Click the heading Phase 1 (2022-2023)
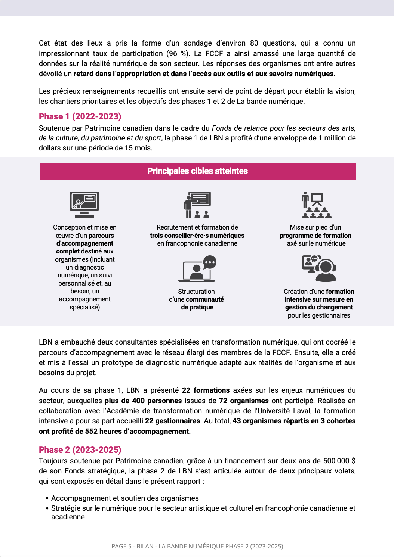[80, 116]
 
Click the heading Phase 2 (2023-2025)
[80, 450]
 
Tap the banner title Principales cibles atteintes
[197, 171]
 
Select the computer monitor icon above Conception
[84, 205]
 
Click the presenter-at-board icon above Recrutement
[197, 205]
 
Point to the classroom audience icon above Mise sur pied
[317, 205]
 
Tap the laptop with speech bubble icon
[197, 269]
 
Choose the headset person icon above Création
[319, 268]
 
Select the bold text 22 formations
[206, 390]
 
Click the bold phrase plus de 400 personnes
[143, 401]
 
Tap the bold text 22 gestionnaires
[172, 421]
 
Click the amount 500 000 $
[339, 461]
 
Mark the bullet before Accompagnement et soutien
[47, 499]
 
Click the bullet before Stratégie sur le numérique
[47, 509]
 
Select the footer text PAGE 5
[121, 546]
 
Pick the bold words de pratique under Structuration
[197, 307]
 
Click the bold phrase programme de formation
[315, 236]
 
